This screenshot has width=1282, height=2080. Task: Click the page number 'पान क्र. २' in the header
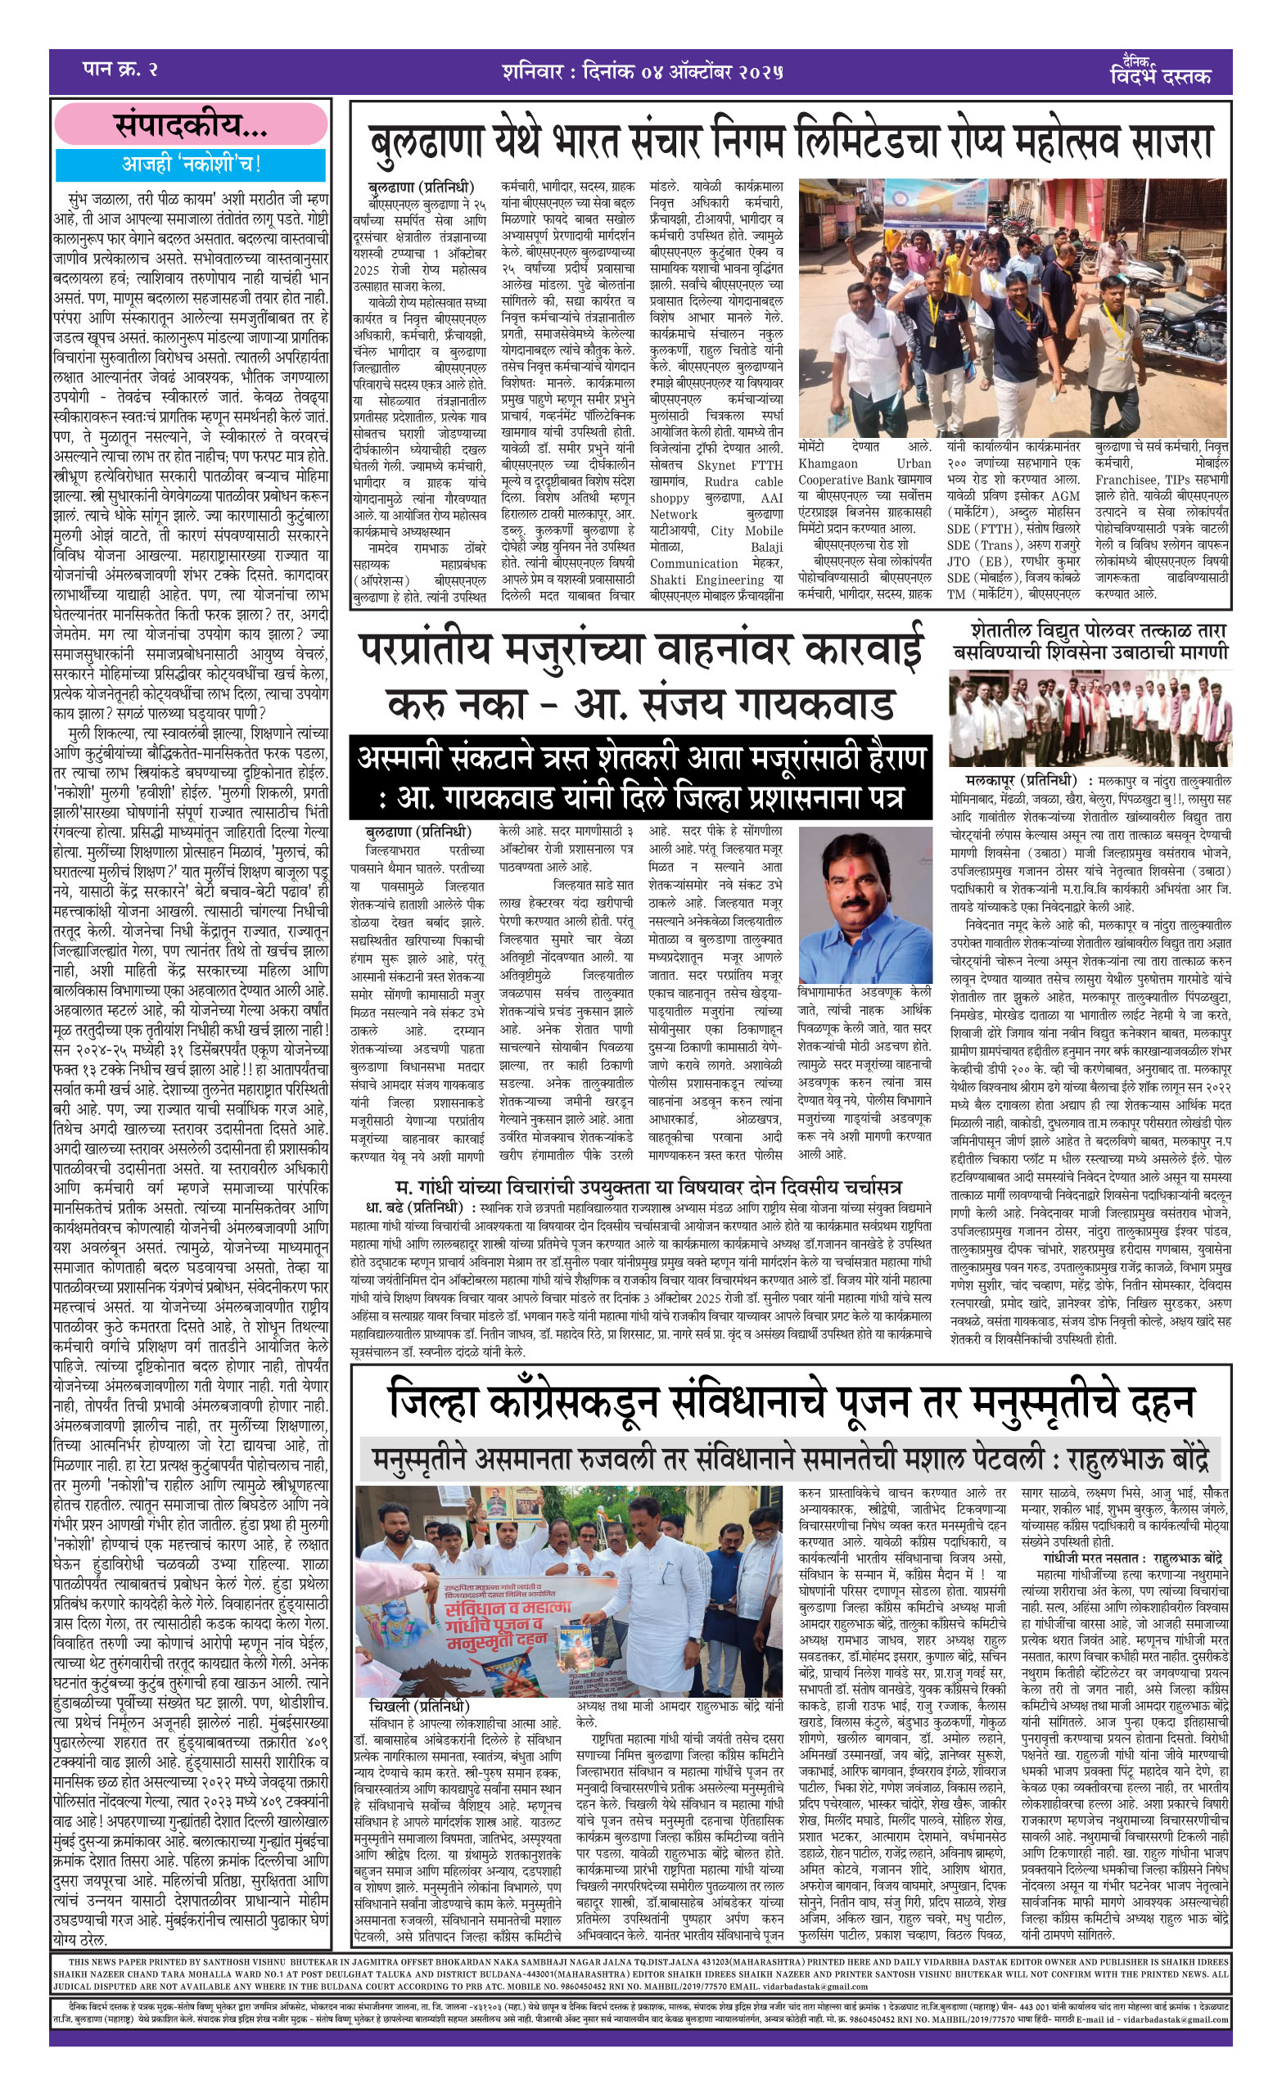(120, 70)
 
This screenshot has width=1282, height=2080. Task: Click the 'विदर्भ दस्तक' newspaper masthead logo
(1159, 72)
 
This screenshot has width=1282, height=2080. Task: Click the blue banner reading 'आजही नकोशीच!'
(191, 164)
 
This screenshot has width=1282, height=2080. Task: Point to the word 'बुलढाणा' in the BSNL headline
(427, 142)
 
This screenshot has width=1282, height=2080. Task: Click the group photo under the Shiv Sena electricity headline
(1089, 718)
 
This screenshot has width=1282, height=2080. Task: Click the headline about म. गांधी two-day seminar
(648, 1187)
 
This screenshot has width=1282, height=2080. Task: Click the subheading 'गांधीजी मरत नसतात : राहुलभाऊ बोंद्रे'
(1133, 1559)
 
